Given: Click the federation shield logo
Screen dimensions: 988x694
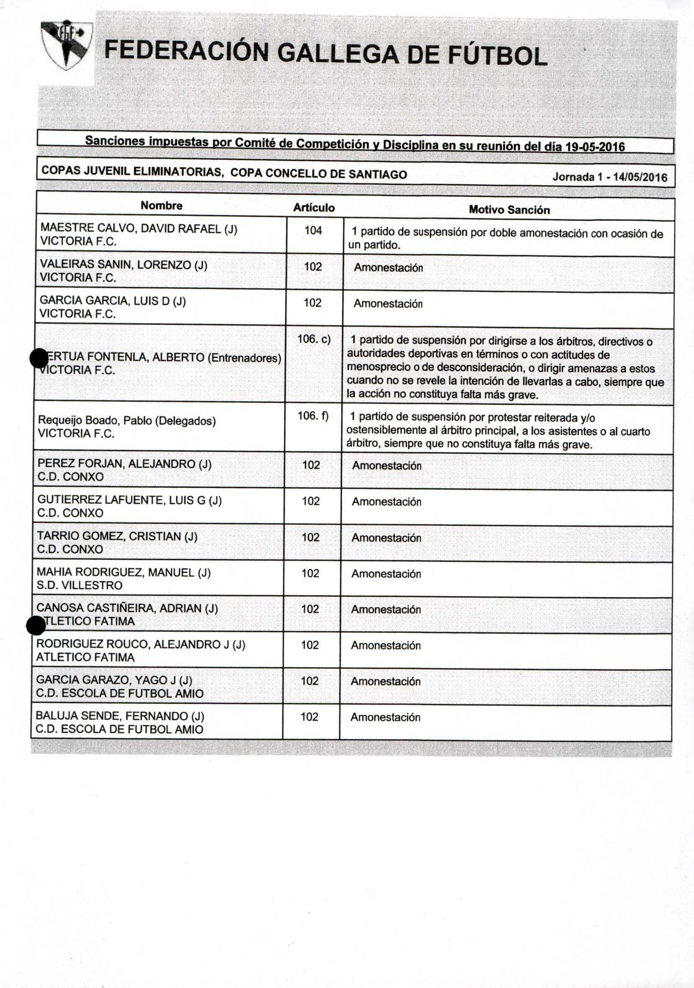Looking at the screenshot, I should (67, 45).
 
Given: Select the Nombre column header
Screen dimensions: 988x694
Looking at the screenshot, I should (161, 206).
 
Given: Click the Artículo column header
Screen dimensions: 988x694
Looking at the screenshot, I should (314, 208).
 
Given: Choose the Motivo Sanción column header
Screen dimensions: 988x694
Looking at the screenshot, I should (509, 210).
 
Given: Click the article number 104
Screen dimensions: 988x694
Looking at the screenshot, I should (313, 231).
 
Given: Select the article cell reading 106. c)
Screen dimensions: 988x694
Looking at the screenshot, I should (314, 339).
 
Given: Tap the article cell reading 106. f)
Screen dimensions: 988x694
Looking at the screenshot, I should (313, 416).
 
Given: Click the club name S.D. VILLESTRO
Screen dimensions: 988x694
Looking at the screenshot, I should (80, 585).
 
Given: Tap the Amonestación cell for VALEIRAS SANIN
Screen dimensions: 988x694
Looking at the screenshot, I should (388, 268).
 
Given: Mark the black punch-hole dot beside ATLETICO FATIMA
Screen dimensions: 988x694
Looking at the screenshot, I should (36, 625).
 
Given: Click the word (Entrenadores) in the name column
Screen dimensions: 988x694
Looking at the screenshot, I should (244, 358).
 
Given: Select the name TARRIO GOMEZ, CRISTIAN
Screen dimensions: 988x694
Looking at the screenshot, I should (109, 536).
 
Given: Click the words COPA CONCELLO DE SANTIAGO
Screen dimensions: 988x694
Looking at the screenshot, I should (319, 174).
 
